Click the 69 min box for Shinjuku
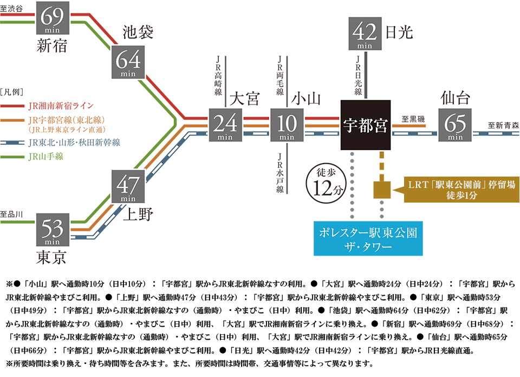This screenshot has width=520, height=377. coord(53,17)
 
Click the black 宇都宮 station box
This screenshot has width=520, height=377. coord(366,125)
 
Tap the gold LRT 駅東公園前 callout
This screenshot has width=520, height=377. coord(461,190)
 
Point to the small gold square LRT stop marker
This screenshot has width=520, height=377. coord(382,190)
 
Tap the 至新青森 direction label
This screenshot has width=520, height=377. coord(503,125)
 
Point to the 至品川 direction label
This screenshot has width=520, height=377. coord(12,214)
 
